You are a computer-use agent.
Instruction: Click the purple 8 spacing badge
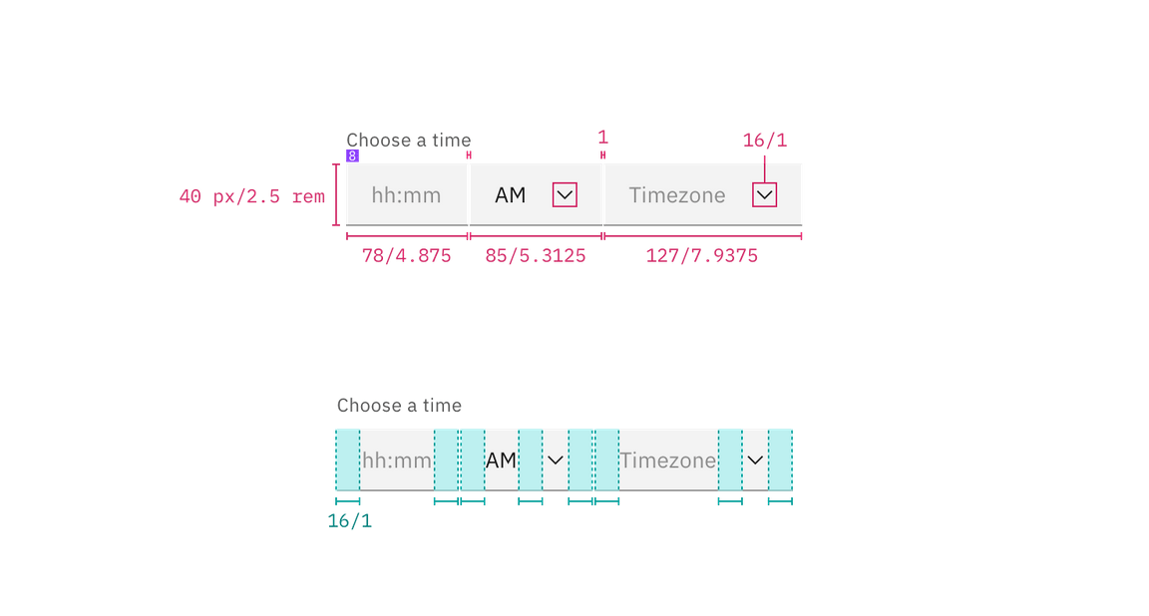[x=352, y=156]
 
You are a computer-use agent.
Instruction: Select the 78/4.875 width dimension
[x=407, y=256]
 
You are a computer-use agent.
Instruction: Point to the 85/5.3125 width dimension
[x=536, y=256]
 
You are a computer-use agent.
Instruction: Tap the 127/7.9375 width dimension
[x=702, y=256]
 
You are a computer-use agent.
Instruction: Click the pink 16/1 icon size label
[x=765, y=141]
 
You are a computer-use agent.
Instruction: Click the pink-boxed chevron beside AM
[x=565, y=194]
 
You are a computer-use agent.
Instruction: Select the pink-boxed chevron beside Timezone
[x=764, y=194]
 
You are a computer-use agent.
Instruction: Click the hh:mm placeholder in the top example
[x=406, y=195]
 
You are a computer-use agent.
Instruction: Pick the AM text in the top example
[x=510, y=195]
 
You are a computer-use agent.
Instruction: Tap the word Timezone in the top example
[x=676, y=195]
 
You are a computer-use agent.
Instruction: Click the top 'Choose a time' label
[x=408, y=140]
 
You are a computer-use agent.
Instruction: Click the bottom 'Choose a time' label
[x=399, y=405]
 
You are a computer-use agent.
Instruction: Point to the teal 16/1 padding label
[x=350, y=521]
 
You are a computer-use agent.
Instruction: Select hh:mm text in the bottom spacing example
[x=397, y=461]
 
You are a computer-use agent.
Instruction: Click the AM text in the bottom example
[x=501, y=461]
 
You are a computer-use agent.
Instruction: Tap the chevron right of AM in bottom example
[x=556, y=460]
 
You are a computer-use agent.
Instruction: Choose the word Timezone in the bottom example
[x=667, y=461]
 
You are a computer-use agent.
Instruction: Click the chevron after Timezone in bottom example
[x=756, y=460]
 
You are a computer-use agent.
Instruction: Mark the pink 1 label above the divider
[x=602, y=136]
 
